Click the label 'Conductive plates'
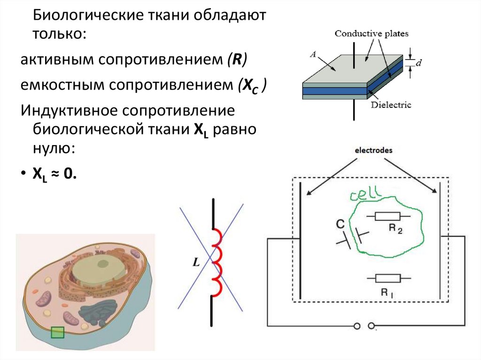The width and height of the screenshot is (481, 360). (371, 34)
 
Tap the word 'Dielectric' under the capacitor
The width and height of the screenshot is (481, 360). (390, 105)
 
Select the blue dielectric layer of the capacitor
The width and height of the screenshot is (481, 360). (334, 91)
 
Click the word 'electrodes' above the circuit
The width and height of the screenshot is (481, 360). (371, 151)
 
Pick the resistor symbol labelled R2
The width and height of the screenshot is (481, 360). (387, 216)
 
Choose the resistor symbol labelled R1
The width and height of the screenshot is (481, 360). (388, 278)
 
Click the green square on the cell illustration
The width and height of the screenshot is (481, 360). (57, 332)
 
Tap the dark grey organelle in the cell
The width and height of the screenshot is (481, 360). (97, 313)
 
